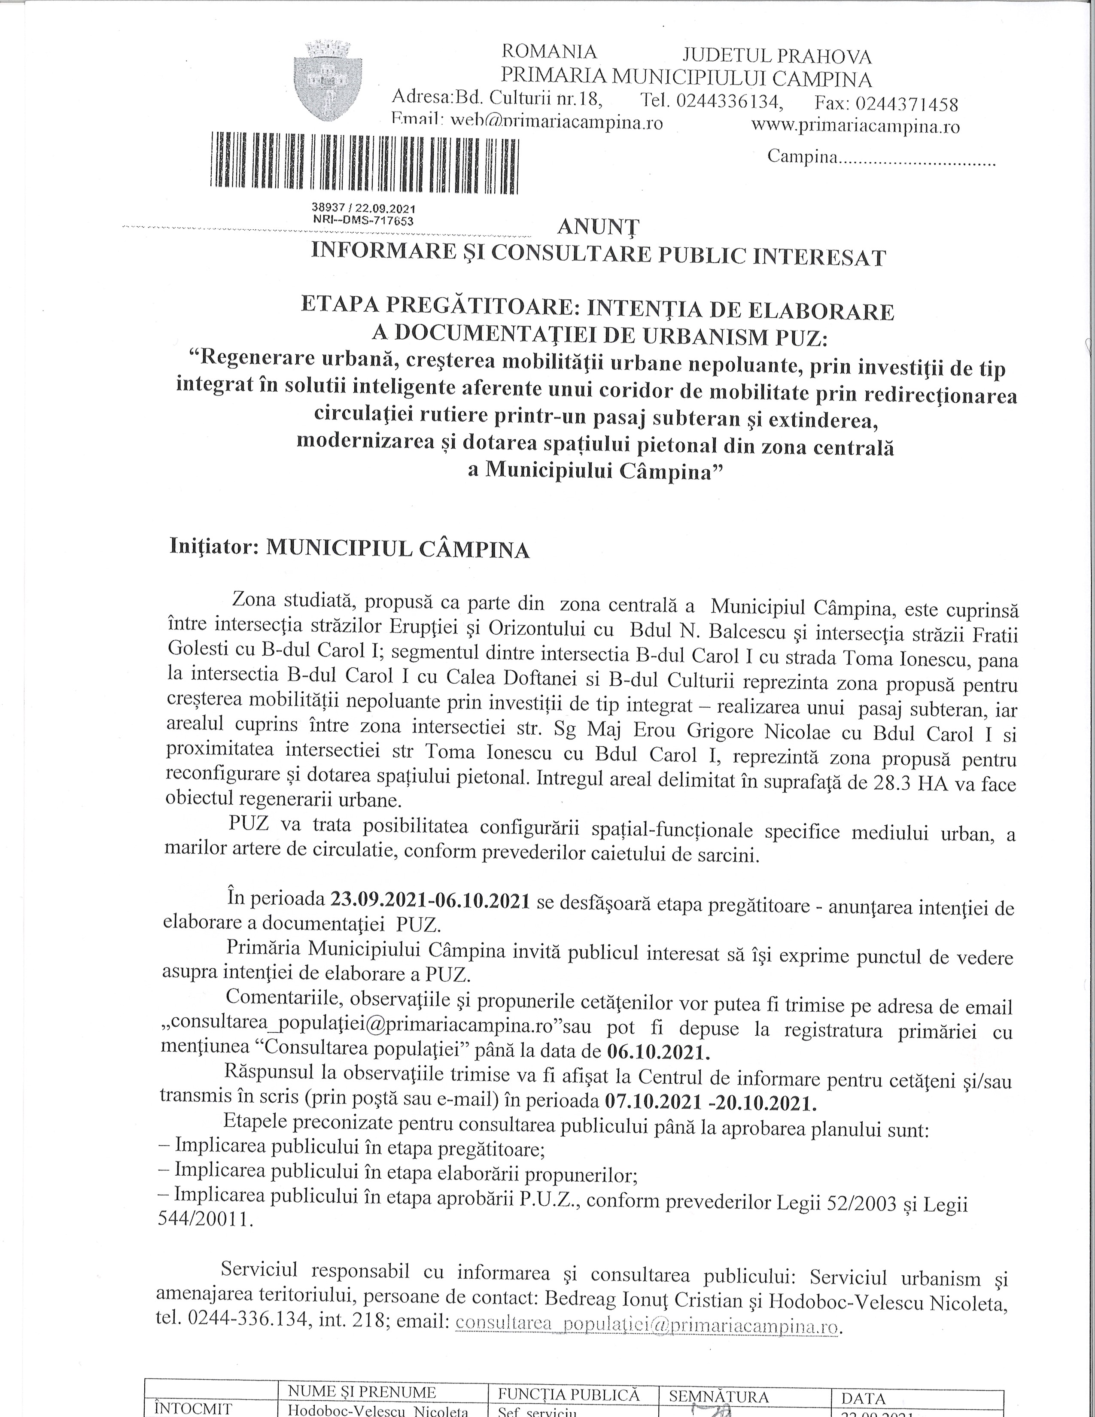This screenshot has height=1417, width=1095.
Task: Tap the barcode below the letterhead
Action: [x=365, y=160]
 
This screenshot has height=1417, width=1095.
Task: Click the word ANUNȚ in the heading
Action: [x=598, y=227]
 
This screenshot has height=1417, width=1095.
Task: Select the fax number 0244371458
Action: [x=907, y=104]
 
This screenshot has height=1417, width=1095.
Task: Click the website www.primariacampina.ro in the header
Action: [x=855, y=126]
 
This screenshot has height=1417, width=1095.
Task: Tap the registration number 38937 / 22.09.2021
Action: [x=363, y=209]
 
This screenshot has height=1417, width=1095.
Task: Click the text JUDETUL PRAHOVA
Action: [x=777, y=57]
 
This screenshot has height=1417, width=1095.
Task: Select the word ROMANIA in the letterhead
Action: [x=550, y=51]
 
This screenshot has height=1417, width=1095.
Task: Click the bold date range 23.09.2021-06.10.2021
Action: [x=431, y=900]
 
